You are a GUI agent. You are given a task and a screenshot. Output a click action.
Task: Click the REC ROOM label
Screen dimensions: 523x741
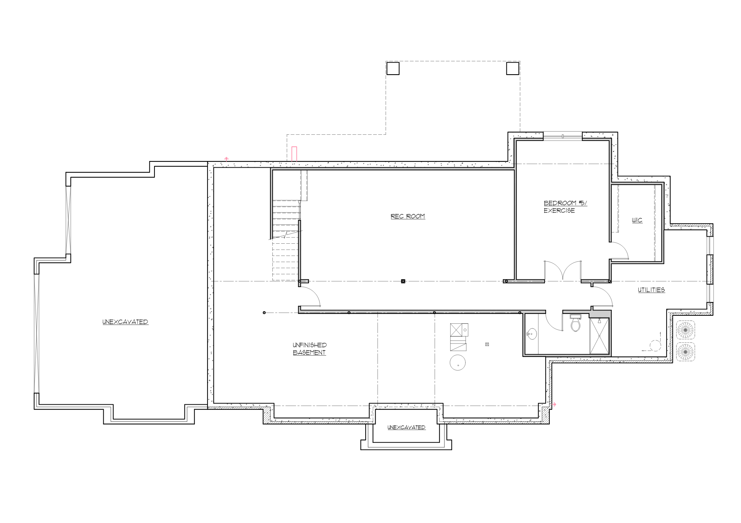(x=408, y=216)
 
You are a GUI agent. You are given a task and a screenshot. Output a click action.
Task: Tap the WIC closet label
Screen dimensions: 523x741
(x=637, y=220)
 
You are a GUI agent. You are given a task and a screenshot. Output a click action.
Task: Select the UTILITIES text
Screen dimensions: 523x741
(x=651, y=290)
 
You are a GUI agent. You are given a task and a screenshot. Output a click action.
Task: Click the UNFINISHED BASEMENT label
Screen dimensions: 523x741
(x=309, y=349)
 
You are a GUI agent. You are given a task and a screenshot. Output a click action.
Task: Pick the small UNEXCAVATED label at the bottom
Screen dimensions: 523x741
(x=406, y=427)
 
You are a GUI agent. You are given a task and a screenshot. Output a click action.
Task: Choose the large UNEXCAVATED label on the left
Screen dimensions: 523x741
(x=125, y=322)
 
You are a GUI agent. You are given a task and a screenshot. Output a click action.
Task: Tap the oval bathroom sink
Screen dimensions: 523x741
(x=532, y=334)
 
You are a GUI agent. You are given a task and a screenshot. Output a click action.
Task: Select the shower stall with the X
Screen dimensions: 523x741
(x=599, y=336)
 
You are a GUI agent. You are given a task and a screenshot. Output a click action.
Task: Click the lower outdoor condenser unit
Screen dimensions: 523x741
(x=685, y=352)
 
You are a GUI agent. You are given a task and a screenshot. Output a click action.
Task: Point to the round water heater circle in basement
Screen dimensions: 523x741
(x=458, y=362)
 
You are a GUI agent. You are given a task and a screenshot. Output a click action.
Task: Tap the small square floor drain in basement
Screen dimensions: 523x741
(x=487, y=345)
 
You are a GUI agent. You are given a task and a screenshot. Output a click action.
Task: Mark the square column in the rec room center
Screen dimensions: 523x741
(x=403, y=281)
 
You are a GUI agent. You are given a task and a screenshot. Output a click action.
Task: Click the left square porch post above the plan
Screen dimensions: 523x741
(x=393, y=69)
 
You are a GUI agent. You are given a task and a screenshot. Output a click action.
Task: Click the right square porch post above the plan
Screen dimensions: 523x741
(x=512, y=69)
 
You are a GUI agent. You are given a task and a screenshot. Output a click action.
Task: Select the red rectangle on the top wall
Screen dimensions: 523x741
(x=294, y=154)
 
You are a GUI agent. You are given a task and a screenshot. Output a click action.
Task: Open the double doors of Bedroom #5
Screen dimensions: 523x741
(x=562, y=271)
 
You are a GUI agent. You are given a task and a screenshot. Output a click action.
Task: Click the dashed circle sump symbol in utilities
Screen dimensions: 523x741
(x=655, y=346)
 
